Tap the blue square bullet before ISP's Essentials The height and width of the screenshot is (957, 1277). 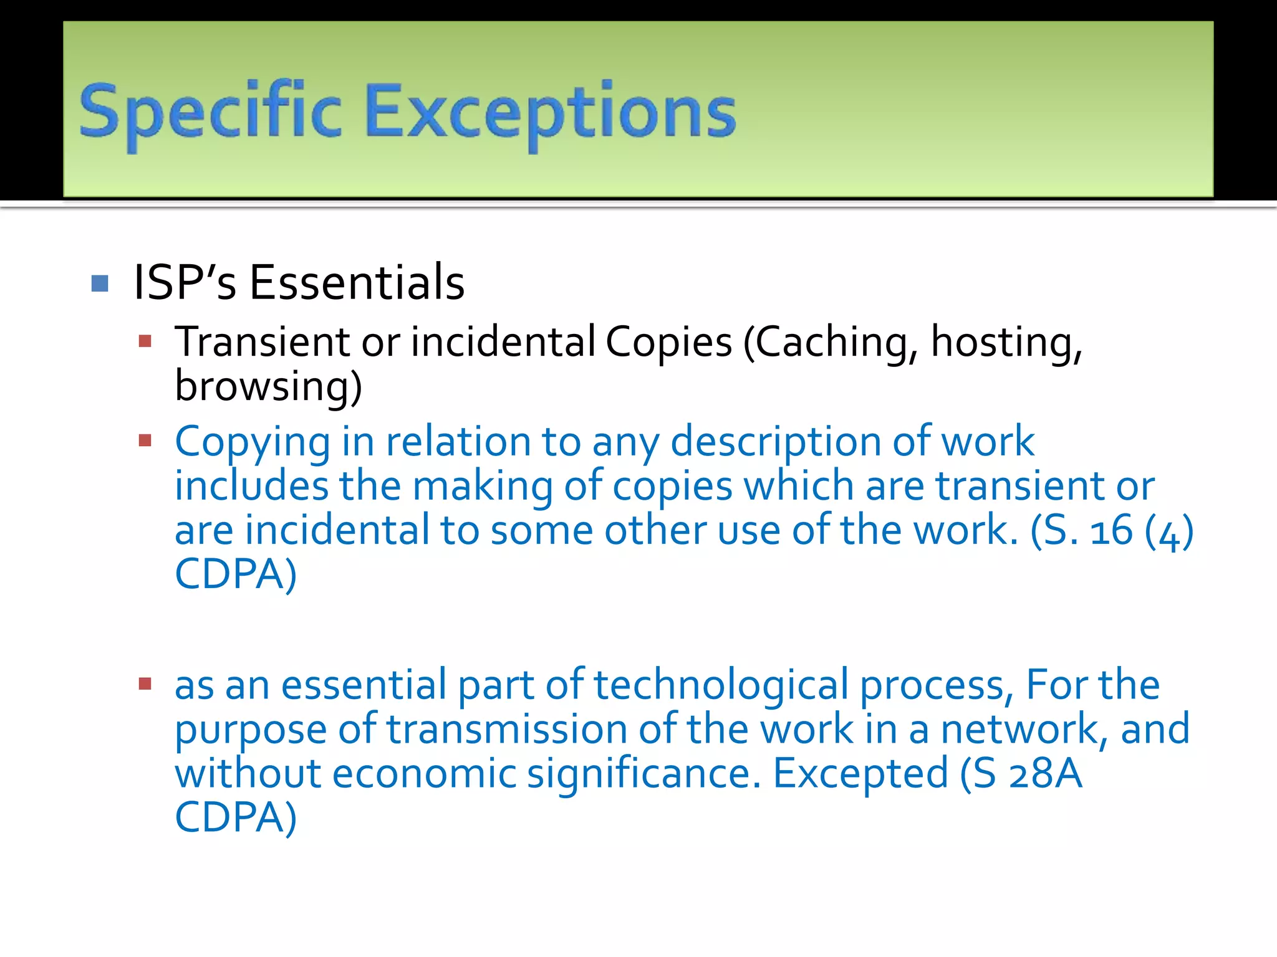click(x=100, y=283)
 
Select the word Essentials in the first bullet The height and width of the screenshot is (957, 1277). click(x=357, y=282)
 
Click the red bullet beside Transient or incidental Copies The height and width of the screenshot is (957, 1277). click(x=145, y=341)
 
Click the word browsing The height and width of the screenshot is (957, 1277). click(x=268, y=386)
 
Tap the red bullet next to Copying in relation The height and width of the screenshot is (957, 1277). click(x=145, y=441)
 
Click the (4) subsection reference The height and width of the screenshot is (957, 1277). click(x=1169, y=531)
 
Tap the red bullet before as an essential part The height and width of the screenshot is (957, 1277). click(x=145, y=685)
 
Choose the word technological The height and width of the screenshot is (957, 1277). click(x=721, y=685)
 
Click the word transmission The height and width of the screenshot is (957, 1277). click(x=506, y=730)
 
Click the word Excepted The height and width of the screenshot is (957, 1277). click(x=860, y=774)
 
